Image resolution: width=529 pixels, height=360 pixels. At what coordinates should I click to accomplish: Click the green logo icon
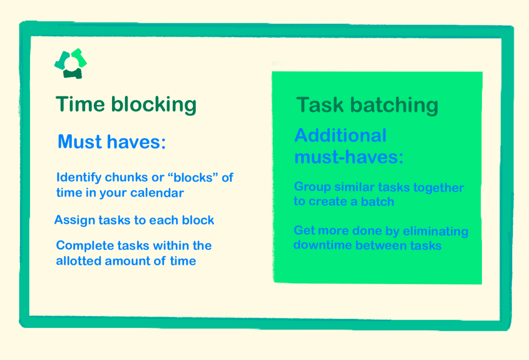tap(71, 63)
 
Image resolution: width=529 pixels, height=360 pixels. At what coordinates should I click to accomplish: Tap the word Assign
tap(73, 220)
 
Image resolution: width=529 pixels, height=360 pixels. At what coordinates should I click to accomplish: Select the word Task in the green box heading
tap(319, 105)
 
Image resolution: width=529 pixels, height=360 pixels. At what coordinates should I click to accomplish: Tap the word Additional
tap(340, 135)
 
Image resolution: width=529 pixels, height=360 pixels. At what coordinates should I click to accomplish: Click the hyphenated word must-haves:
tap(349, 157)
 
